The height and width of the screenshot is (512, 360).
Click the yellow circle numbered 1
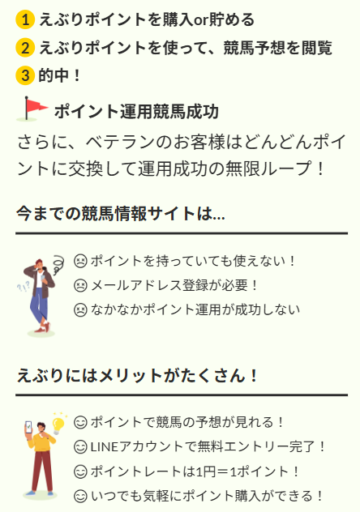point(25,20)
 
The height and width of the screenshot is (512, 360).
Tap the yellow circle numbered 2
point(25,48)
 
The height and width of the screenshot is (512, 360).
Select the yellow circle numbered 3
point(25,75)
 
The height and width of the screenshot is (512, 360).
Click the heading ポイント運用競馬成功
point(136,111)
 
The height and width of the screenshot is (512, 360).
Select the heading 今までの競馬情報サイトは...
point(121,214)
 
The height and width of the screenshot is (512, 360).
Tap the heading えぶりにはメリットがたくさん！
point(137,375)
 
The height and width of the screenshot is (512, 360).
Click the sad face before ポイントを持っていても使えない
point(80,261)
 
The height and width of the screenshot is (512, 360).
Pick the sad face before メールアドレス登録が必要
point(80,285)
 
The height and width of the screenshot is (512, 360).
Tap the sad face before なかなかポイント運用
point(80,310)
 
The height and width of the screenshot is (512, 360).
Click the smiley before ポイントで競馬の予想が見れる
point(80,423)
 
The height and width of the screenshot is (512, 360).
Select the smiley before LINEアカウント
point(80,447)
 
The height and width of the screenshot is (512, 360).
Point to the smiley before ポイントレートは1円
point(80,471)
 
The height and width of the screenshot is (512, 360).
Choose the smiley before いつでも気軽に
point(80,497)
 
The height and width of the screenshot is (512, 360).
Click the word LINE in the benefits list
point(105,447)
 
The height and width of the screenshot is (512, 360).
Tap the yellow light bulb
point(58,425)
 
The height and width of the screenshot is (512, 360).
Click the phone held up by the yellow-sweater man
point(29,427)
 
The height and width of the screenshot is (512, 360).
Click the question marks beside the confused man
point(24,287)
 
